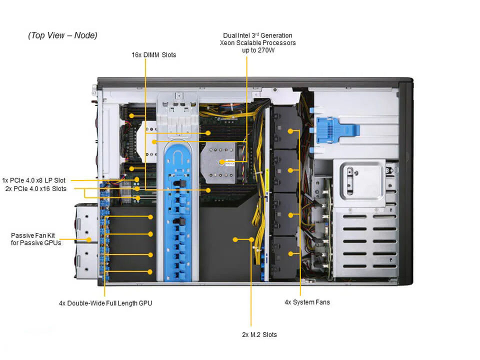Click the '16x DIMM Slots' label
153,55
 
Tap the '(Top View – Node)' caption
62,35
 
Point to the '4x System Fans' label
307,302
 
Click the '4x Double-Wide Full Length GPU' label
105,303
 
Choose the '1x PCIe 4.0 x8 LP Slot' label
33,180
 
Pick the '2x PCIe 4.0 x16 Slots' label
35,188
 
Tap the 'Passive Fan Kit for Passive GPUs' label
36,238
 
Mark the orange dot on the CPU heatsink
222,161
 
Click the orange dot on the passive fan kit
89,240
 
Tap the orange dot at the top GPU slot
150,217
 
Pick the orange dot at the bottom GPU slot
150,272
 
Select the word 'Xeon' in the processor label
229,43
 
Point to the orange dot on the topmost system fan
290,131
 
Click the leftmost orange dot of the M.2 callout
235,239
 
